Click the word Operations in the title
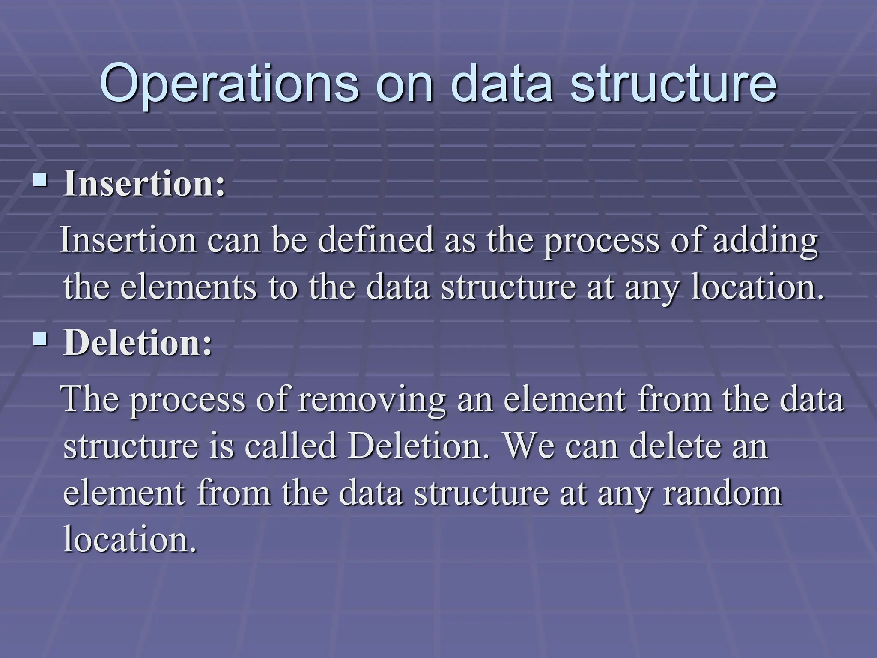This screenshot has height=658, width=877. click(x=229, y=83)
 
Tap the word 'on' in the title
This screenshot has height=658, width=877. click(x=404, y=84)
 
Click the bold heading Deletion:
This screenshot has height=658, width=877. click(x=137, y=343)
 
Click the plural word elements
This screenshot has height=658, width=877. click(x=188, y=287)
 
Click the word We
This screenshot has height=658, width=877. click(x=529, y=446)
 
